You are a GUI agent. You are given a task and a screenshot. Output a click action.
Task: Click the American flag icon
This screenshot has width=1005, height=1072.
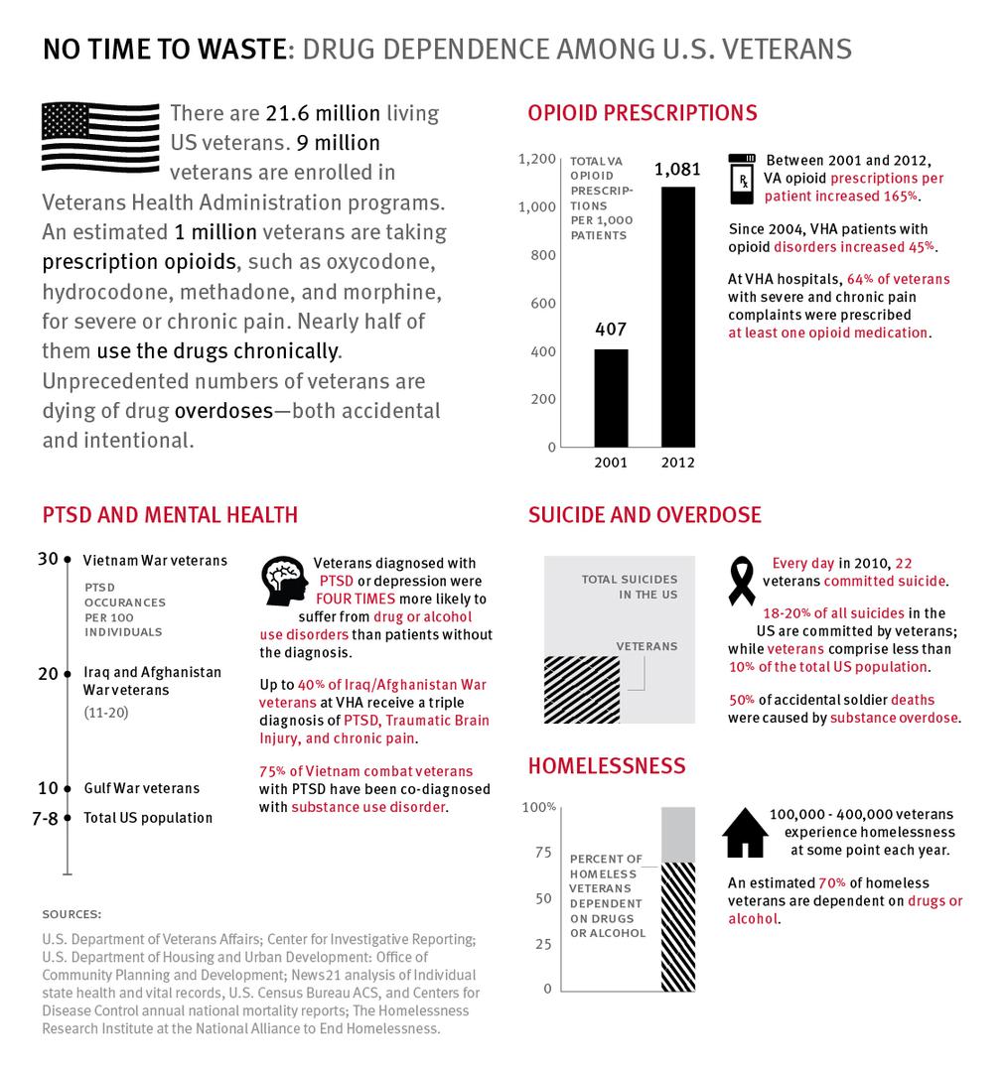[99, 136]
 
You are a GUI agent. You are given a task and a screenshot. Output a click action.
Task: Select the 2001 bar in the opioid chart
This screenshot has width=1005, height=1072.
[611, 397]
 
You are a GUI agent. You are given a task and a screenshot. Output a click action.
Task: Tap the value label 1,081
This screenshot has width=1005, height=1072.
[677, 170]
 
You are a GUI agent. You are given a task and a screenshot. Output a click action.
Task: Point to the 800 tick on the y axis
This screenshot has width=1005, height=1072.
[542, 255]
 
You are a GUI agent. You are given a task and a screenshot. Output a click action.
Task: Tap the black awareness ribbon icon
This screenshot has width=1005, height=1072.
[742, 582]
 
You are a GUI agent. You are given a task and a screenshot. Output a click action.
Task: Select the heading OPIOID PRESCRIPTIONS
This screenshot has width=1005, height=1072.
[643, 113]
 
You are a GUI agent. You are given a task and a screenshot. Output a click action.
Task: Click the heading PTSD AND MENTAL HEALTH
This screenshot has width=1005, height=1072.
[170, 514]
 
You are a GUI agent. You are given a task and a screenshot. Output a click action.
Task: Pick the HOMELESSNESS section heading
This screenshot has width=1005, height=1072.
[607, 765]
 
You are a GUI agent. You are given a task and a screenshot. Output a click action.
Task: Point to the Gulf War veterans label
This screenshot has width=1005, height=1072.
[141, 788]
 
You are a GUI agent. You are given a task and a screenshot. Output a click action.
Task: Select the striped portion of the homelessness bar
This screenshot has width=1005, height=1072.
[678, 926]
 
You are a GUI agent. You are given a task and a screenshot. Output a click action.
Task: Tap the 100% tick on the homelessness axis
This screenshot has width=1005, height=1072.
[539, 807]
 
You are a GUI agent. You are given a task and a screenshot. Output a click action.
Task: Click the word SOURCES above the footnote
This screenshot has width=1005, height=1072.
[72, 913]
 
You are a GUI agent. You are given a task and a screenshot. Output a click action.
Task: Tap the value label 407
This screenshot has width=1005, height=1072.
[611, 329]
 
